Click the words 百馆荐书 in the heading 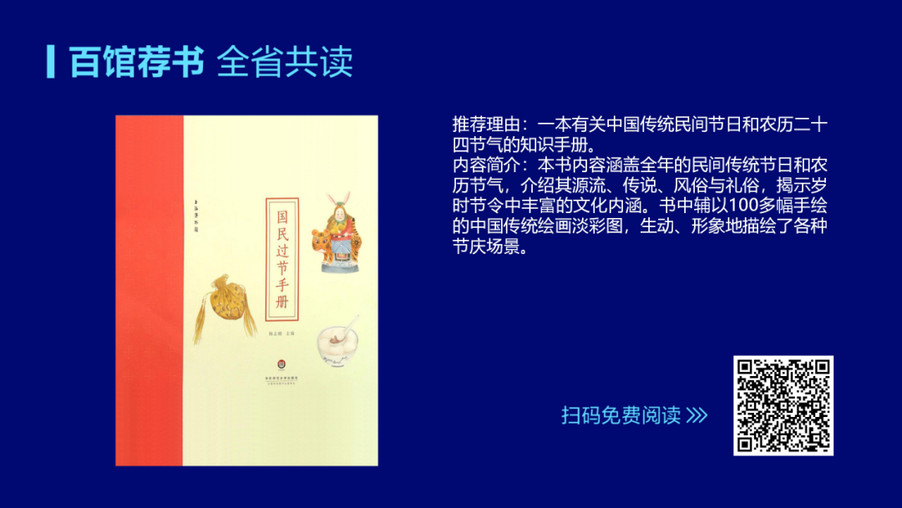point(137,62)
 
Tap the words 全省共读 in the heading point(285,62)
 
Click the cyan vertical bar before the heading point(51,61)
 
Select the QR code point(783,405)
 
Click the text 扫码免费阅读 point(621,415)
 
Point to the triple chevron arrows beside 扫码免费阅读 point(697,415)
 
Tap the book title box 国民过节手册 point(282,259)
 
